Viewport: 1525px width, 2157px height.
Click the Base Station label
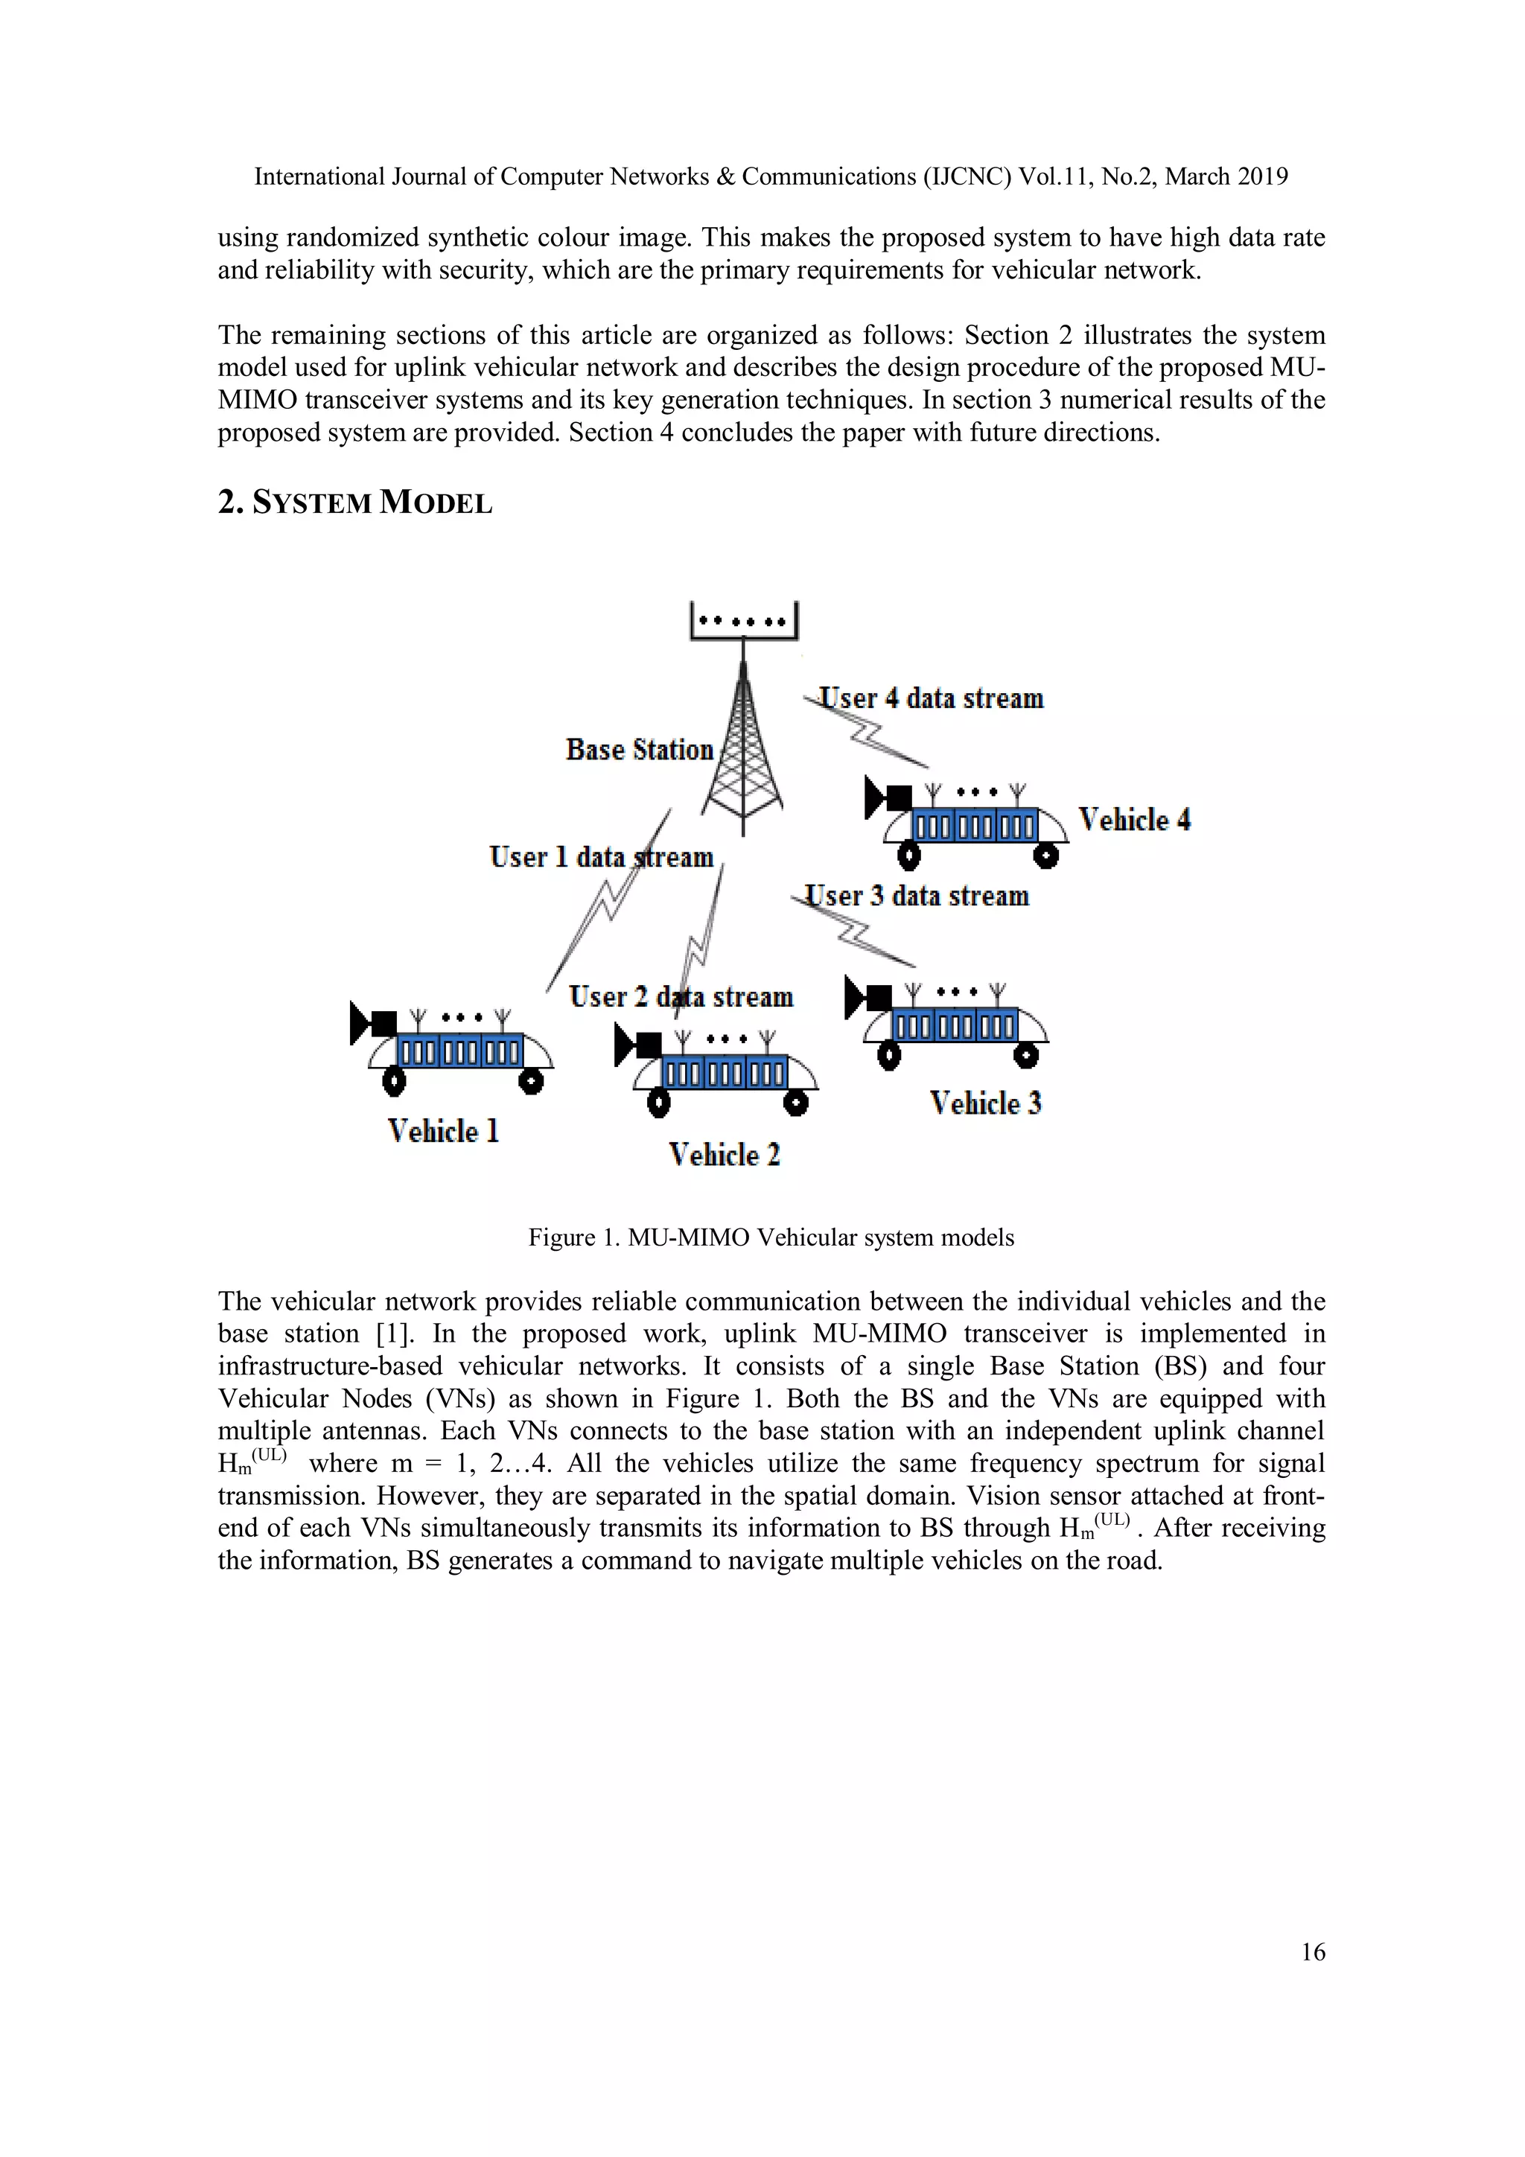pos(639,750)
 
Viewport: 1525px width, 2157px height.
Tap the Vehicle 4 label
pos(1134,821)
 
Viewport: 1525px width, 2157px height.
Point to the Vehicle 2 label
pos(725,1155)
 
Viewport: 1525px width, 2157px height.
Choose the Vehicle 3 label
pos(986,1103)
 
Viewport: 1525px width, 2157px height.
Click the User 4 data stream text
pos(930,698)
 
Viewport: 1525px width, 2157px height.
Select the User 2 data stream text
pos(681,997)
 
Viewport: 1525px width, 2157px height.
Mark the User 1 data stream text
pos(602,857)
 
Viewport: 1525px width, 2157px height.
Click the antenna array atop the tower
pos(743,621)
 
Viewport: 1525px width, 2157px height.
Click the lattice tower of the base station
pos(743,751)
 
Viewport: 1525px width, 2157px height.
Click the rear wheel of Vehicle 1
pos(531,1083)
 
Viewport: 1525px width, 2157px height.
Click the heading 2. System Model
pos(355,503)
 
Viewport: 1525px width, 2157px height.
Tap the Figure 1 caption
pos(771,1237)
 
